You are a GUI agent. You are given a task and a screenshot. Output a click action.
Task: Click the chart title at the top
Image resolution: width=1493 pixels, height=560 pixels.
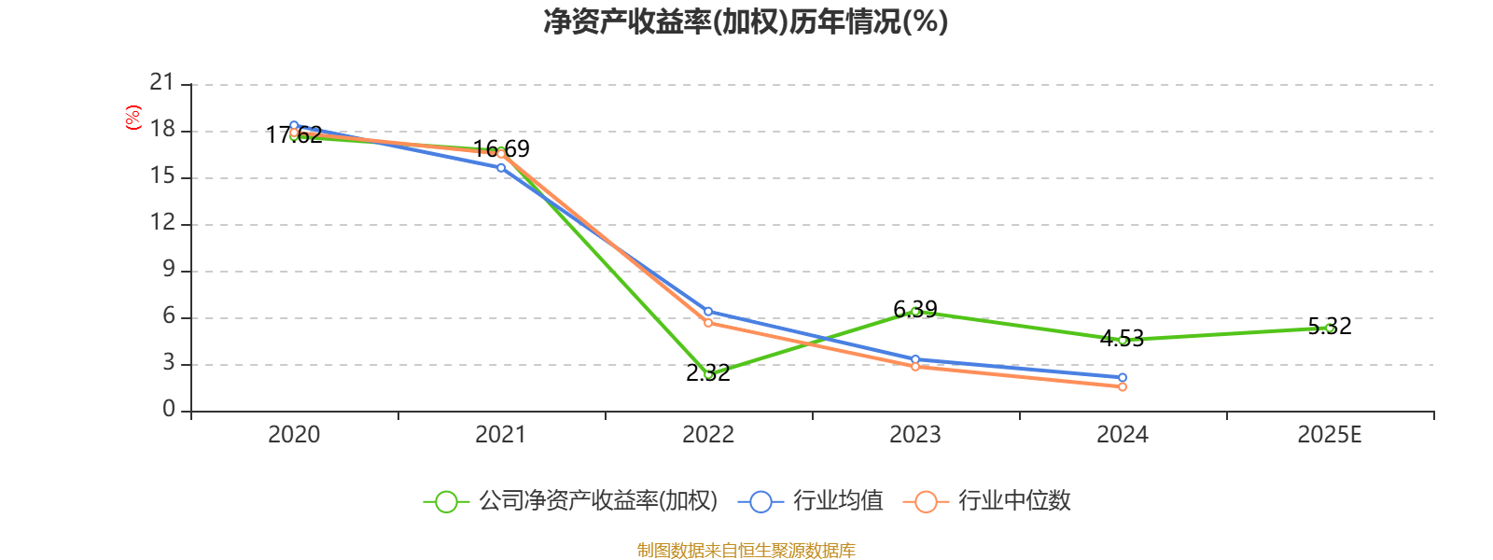pos(746,21)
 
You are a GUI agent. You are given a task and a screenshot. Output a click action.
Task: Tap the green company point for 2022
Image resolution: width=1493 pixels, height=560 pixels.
pos(708,374)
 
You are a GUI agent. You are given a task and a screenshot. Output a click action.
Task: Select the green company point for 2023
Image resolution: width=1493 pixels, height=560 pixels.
pos(915,311)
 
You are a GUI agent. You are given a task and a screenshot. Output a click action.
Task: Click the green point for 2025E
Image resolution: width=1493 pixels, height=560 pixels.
pos(1330,328)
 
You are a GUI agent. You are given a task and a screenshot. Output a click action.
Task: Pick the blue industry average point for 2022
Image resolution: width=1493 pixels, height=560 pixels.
pos(708,311)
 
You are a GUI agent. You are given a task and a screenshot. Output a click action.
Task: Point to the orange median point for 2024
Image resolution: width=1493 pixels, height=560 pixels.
pos(1123,386)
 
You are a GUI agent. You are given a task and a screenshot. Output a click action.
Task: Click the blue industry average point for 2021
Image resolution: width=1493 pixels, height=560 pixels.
pos(501,168)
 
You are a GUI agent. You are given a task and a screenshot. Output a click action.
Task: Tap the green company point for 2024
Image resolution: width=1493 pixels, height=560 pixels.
pos(1123,341)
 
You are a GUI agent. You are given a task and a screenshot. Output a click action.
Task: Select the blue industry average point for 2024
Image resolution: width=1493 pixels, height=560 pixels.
pos(1123,377)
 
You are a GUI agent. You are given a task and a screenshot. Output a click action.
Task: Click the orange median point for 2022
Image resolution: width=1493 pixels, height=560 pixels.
pos(708,323)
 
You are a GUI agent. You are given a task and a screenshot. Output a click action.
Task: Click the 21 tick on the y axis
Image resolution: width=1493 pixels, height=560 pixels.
pos(162,83)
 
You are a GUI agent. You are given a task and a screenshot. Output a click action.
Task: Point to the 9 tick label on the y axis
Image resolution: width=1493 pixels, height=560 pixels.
pos(168,270)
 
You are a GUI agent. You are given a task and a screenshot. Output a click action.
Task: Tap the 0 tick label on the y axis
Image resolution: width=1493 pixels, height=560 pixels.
pos(168,409)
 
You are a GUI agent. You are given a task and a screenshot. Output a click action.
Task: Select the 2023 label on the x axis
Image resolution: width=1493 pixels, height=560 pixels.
pos(915,434)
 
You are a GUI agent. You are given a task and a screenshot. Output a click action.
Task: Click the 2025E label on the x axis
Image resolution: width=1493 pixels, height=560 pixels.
pos(1330,434)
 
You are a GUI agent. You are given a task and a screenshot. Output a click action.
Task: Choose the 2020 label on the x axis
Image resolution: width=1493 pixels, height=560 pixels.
pos(294,434)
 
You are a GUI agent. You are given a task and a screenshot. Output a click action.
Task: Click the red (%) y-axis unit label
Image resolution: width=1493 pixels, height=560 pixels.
pos(133,119)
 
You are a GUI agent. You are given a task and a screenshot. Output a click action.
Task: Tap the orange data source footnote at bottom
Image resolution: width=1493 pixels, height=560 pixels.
pos(746,551)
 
